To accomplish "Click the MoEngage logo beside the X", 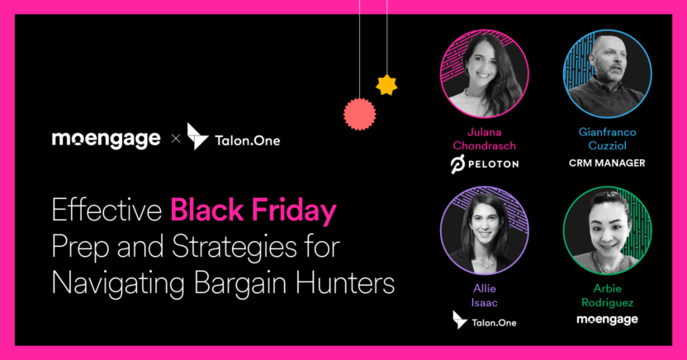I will click(106, 139).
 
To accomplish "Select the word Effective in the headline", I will click(107, 212).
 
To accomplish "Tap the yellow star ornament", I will click(386, 83).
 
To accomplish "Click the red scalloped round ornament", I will click(359, 114).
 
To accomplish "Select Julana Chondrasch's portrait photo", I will click(485, 74).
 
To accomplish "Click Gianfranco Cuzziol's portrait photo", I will click(607, 74).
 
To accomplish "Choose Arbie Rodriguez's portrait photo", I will click(607, 234).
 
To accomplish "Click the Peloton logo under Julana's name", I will click(485, 163).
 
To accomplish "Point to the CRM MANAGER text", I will click(607, 163).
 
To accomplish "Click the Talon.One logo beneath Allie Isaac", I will click(485, 320).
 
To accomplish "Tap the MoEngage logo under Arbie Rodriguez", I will click(607, 319).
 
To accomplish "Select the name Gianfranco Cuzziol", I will click(607, 139).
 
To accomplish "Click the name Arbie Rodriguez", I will click(607, 295).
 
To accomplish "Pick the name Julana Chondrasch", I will click(485, 139).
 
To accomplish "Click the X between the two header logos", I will click(174, 140).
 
